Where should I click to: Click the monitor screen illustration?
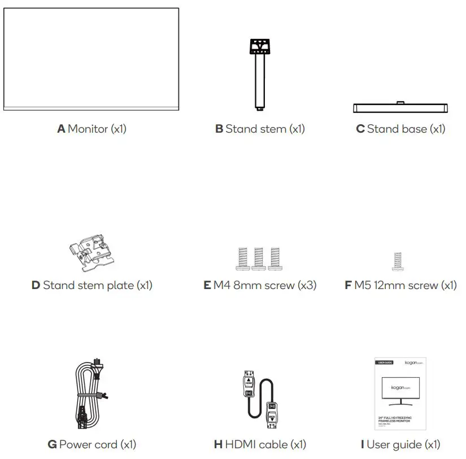click(x=91, y=58)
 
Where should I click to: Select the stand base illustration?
click(x=400, y=108)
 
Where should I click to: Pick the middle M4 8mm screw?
click(x=260, y=257)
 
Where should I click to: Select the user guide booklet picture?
click(x=400, y=394)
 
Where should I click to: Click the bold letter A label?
click(x=61, y=129)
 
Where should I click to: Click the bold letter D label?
click(x=36, y=285)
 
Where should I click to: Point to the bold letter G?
click(x=52, y=445)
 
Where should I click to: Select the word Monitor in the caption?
click(x=88, y=129)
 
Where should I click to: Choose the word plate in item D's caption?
click(x=120, y=285)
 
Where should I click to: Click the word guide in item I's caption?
click(x=406, y=445)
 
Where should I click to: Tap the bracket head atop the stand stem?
click(x=260, y=45)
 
